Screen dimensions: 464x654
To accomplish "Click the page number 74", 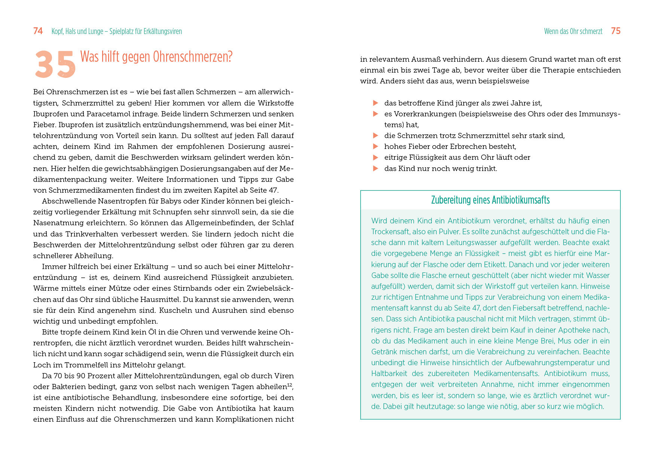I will click(x=38, y=31).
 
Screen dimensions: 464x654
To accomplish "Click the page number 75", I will click(x=615, y=31).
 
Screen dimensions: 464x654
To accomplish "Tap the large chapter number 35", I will click(x=55, y=65).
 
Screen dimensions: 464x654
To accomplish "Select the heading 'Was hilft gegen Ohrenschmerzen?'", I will click(x=156, y=57).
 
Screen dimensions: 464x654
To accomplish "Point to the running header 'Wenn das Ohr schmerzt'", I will click(x=573, y=31).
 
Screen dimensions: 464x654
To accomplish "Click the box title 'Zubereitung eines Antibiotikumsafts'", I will click(x=490, y=200).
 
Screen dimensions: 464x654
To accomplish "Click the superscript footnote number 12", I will click(x=289, y=385).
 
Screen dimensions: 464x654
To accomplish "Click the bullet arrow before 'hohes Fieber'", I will click(x=376, y=146).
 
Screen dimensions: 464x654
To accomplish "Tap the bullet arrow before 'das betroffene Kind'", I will click(x=376, y=103).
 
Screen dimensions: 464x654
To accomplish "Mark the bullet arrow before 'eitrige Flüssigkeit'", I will click(x=376, y=158).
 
